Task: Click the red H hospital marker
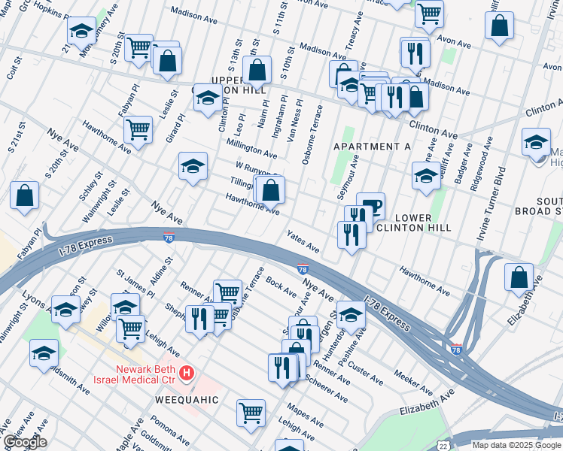coord(187,372)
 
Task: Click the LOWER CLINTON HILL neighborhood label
coord(412,222)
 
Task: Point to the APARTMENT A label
coord(367,147)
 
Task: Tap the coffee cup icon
coord(370,206)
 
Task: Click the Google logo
coord(24,442)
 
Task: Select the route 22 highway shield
coord(443,445)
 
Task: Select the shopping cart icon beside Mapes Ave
coord(251,412)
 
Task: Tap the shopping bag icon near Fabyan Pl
coord(25,195)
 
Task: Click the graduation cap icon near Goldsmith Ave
coord(44,353)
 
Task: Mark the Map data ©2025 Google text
coord(516,445)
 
